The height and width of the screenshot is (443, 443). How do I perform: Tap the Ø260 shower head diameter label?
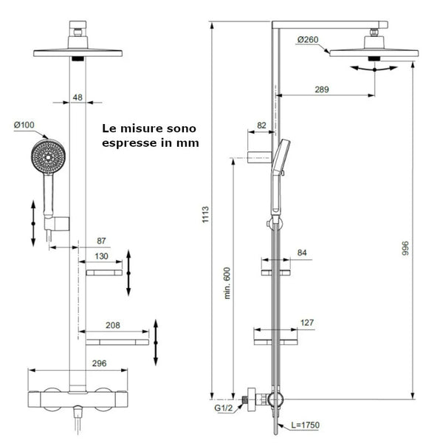[307, 39]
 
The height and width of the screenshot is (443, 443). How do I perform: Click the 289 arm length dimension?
[321, 89]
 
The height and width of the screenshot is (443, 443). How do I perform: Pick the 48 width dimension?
[78, 97]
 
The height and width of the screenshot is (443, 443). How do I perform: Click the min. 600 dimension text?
[228, 283]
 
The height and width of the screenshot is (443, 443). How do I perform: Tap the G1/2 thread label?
[224, 407]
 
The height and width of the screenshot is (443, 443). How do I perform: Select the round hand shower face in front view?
[48, 157]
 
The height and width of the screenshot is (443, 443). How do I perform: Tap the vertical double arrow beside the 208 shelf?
[156, 343]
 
